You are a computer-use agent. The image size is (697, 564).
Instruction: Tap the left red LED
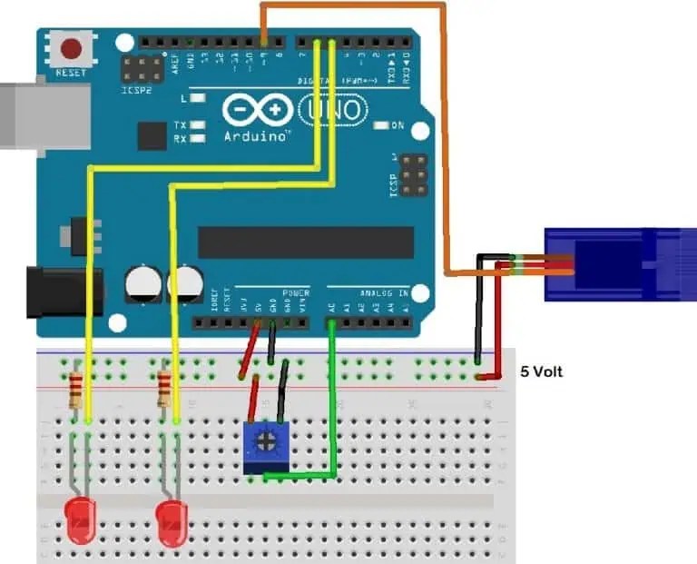(x=80, y=522)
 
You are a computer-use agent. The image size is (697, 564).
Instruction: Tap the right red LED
(x=169, y=522)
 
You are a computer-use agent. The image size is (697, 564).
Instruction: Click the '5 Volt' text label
(x=541, y=372)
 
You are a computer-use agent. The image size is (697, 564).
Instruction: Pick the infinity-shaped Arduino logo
(x=257, y=111)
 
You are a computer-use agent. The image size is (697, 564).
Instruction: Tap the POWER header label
(x=296, y=293)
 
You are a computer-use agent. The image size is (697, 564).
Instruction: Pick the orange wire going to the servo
(x=444, y=136)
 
